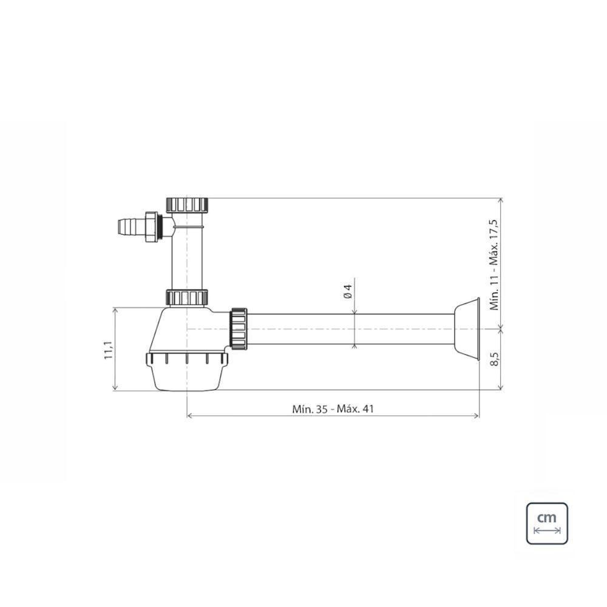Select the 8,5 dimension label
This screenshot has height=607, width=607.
click(x=495, y=359)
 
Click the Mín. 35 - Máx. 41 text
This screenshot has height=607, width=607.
click(x=333, y=409)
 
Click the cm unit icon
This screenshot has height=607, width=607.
click(x=546, y=523)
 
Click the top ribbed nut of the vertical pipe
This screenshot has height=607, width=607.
click(x=188, y=204)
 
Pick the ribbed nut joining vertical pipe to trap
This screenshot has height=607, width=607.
click(x=188, y=297)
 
